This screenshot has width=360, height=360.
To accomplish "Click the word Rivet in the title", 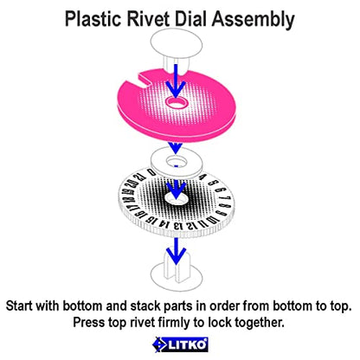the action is pyautogui.click(x=147, y=19).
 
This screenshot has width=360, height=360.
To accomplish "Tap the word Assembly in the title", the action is pyautogui.click(x=254, y=20).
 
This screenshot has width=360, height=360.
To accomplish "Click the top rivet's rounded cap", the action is pyautogui.click(x=177, y=44).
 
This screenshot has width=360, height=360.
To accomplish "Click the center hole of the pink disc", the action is pyautogui.click(x=177, y=102).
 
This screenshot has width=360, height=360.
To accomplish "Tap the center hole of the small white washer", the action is pyautogui.click(x=177, y=161).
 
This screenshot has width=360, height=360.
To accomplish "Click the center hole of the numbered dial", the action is pyautogui.click(x=177, y=198).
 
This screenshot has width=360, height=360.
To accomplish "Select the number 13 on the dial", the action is pyautogui.click(x=179, y=226).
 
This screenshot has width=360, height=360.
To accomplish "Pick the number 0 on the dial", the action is pyautogui.click(x=151, y=173).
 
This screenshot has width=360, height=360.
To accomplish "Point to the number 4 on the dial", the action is pyautogui.click(x=202, y=177).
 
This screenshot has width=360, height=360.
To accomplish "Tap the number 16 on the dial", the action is pyautogui.click(x=140, y=215).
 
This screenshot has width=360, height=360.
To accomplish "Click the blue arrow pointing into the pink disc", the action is pyautogui.click(x=176, y=81).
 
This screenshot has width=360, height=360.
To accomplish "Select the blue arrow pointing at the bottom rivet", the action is pyautogui.click(x=177, y=251).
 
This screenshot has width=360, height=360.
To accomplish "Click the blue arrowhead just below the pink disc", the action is pyautogui.click(x=176, y=147).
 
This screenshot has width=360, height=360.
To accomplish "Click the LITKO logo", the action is pyautogui.click(x=180, y=344).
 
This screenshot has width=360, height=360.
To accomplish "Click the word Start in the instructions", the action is pyautogui.click(x=19, y=306).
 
